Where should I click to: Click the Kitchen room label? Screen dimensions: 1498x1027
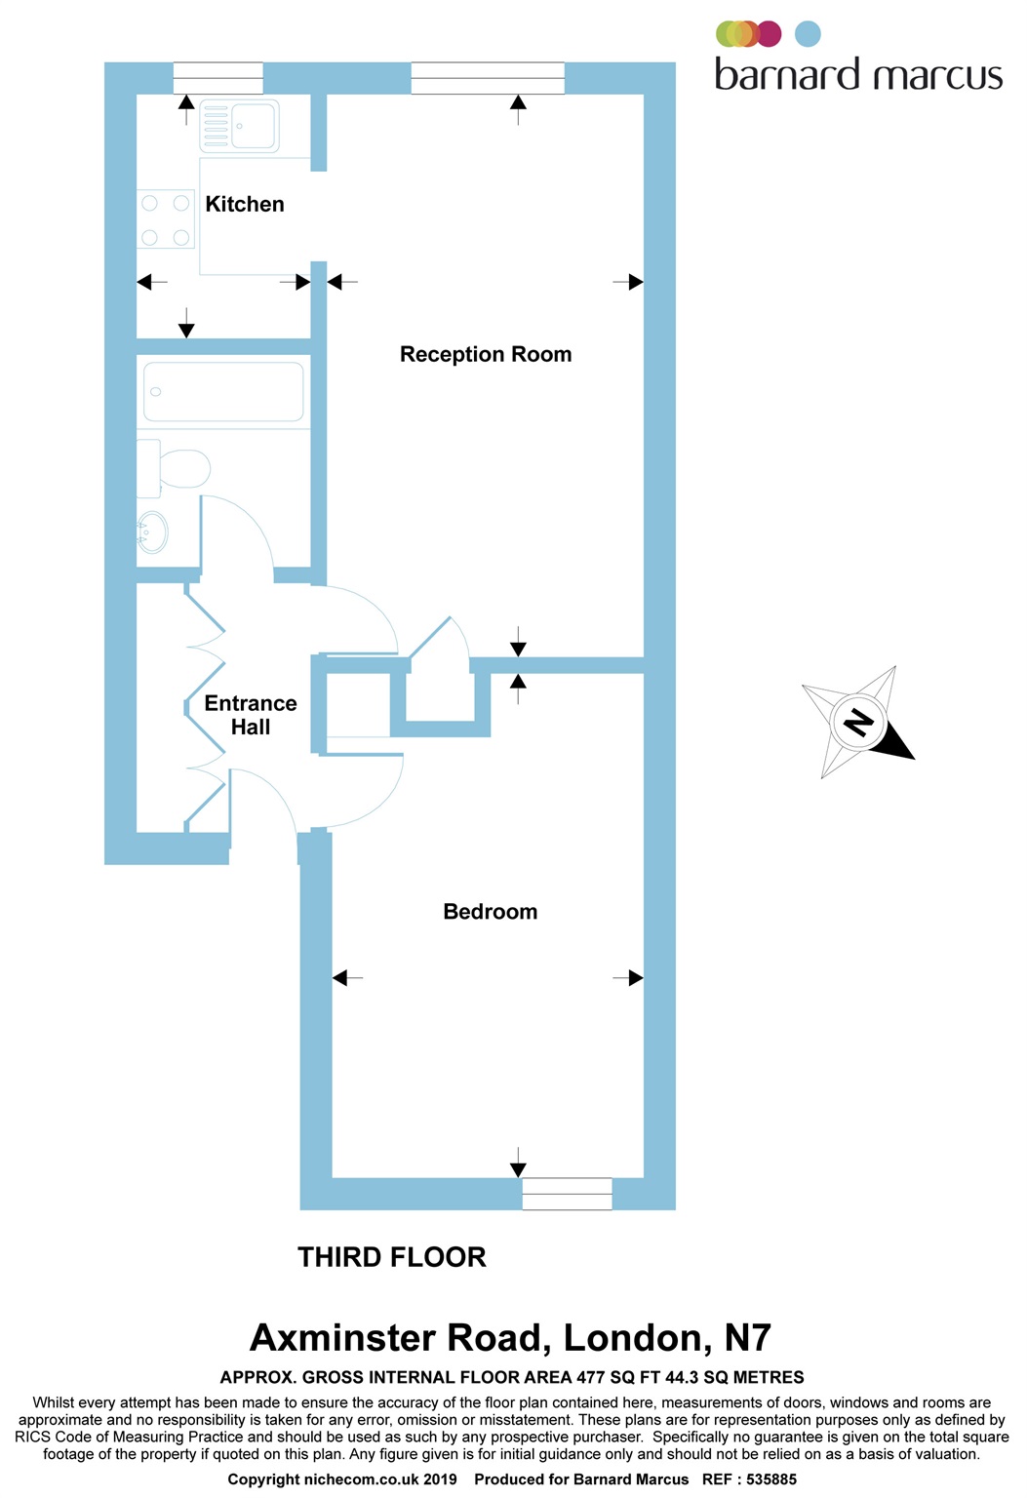245,205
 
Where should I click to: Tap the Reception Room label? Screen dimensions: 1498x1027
486,355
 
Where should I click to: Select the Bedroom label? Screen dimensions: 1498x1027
490,912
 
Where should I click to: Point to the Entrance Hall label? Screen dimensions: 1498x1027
251,715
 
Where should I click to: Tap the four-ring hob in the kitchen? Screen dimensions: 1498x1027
166,220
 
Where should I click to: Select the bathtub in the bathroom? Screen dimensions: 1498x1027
223,392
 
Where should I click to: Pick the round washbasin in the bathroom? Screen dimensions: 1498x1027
153,533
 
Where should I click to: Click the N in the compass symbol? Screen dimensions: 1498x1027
858,723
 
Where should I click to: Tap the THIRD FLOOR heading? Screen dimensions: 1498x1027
392,1258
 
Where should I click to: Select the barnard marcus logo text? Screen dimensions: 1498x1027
858,75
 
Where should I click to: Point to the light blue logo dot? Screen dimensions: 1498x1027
808,34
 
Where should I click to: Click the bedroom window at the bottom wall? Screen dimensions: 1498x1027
567,1194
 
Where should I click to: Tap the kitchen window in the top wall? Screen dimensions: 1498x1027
217,78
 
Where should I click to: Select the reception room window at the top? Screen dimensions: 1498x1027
488,78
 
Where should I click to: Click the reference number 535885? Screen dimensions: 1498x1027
770,1479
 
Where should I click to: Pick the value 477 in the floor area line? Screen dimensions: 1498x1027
590,1378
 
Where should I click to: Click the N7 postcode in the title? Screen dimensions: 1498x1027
748,1338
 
